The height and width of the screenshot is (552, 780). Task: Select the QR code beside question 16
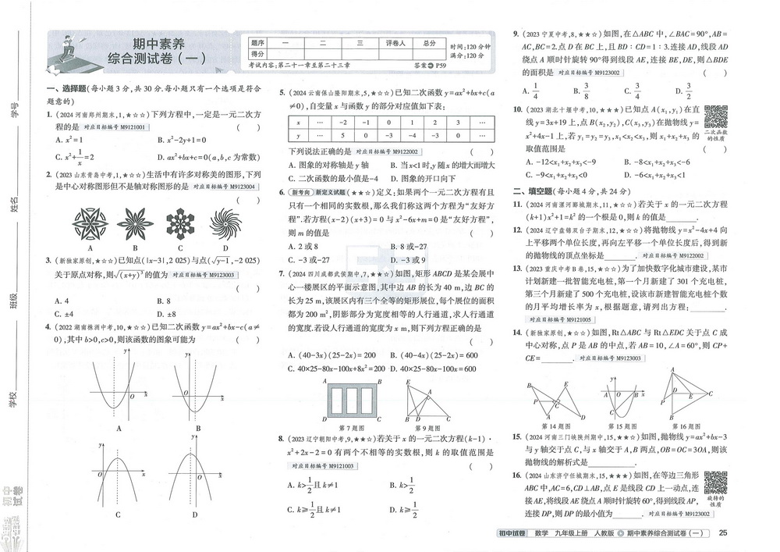coord(715,483)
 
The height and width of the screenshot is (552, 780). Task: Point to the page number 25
coord(722,533)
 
